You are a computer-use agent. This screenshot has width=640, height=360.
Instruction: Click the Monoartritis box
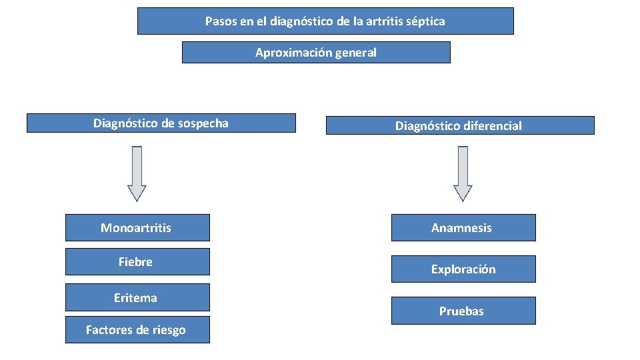[137, 227]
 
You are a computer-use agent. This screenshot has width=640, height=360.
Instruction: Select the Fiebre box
[137, 262]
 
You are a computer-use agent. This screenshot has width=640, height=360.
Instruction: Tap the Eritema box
[137, 297]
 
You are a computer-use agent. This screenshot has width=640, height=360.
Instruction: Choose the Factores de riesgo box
[137, 330]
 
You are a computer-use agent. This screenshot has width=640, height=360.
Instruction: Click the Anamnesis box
[463, 227]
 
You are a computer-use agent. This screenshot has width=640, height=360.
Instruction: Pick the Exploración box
[463, 269]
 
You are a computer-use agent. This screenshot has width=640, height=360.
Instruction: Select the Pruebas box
[463, 311]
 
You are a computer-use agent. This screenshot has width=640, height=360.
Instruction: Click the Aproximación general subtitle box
[316, 52]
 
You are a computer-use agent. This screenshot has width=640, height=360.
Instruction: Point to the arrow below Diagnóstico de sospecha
[137, 173]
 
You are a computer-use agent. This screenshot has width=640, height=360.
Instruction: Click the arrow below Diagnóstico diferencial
[463, 173]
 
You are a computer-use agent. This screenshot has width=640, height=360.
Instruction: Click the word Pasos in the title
[219, 21]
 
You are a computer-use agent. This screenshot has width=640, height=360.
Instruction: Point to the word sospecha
[203, 123]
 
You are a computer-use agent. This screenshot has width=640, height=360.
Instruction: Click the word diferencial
[494, 126]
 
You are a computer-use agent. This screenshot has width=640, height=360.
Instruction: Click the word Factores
[109, 330]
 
